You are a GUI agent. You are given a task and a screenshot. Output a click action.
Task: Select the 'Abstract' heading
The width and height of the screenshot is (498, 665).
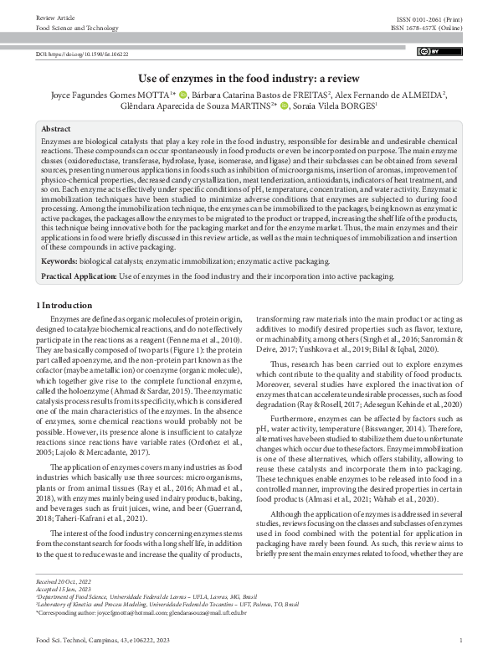tap(56, 130)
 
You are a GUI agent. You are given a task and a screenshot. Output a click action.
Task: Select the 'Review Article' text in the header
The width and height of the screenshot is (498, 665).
tap(54, 17)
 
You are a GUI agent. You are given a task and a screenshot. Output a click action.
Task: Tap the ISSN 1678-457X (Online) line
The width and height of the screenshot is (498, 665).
tap(426, 28)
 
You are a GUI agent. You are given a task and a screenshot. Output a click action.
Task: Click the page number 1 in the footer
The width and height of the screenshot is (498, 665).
tap(461, 641)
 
